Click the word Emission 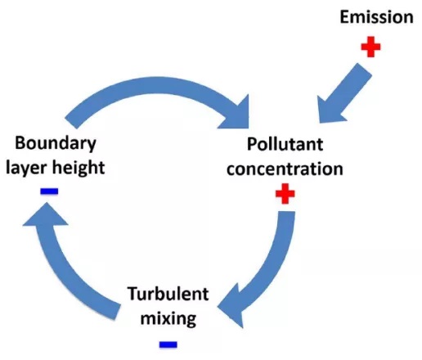[x=376, y=17]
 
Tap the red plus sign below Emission [x=370, y=47]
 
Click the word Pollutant [x=285, y=144]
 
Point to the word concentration [x=285, y=169]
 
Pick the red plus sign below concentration [x=285, y=194]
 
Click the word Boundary [x=56, y=143]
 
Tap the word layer [x=26, y=168]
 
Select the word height [x=79, y=167]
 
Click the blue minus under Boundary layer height [x=49, y=191]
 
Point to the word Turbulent [x=168, y=294]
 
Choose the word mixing [x=168, y=318]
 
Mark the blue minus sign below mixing [x=168, y=344]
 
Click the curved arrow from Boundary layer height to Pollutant [x=158, y=84]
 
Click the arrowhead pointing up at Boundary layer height [x=46, y=215]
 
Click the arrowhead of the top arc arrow [x=236, y=115]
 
